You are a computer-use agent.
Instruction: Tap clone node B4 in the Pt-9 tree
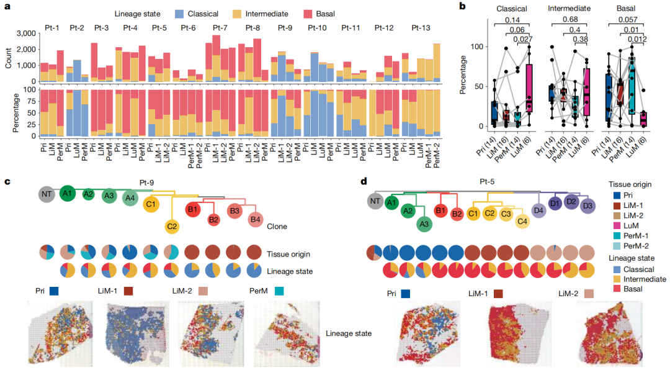[x=256, y=219]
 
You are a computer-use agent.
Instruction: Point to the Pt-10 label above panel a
[x=317, y=27]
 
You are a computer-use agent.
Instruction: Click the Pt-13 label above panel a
[x=422, y=27]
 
